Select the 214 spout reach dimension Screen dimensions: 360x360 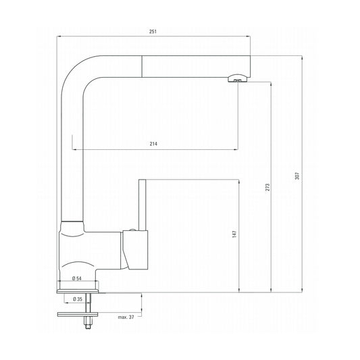(x=155, y=143)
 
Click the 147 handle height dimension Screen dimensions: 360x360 (x=234, y=234)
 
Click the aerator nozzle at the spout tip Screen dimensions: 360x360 (x=236, y=80)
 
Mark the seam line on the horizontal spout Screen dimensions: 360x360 (x=142, y=68)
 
